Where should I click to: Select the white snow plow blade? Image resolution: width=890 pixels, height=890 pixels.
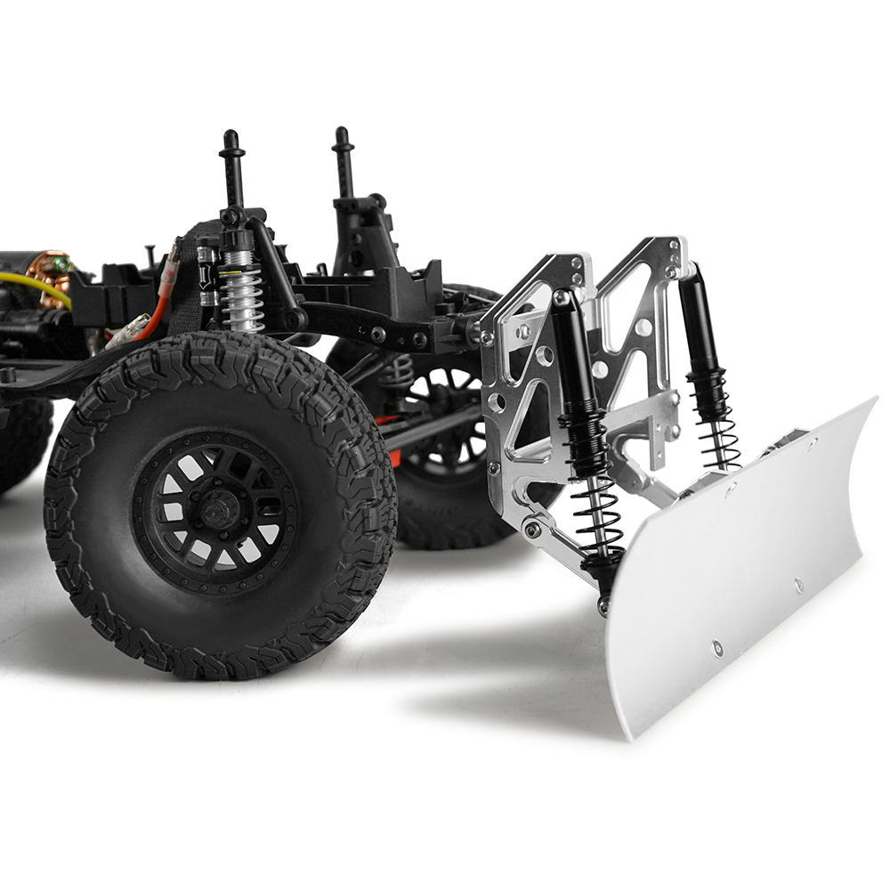739,570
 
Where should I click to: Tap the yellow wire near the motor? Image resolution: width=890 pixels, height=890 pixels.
36,285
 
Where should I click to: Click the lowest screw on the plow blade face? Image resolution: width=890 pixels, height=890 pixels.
717,648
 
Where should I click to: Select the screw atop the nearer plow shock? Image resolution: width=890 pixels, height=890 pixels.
562,296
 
